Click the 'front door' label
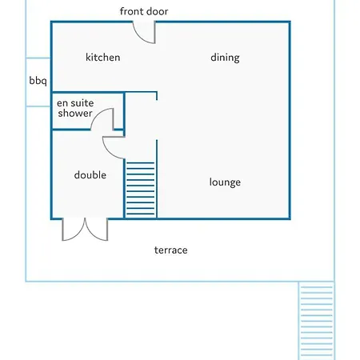tap(144, 11)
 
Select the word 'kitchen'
tap(102, 58)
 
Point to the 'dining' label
tap(225, 58)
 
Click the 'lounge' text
tap(225, 182)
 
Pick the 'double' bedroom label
tap(90, 175)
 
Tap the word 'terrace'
tap(170, 250)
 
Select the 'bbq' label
tap(38, 81)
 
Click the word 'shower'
tap(75, 113)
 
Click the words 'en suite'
tap(75, 103)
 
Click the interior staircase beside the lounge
tap(141, 189)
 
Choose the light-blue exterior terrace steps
tap(317, 321)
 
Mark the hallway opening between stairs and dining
tap(157, 120)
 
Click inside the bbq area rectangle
tap(38, 82)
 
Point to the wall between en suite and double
tap(88, 130)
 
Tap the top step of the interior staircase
tap(141, 162)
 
